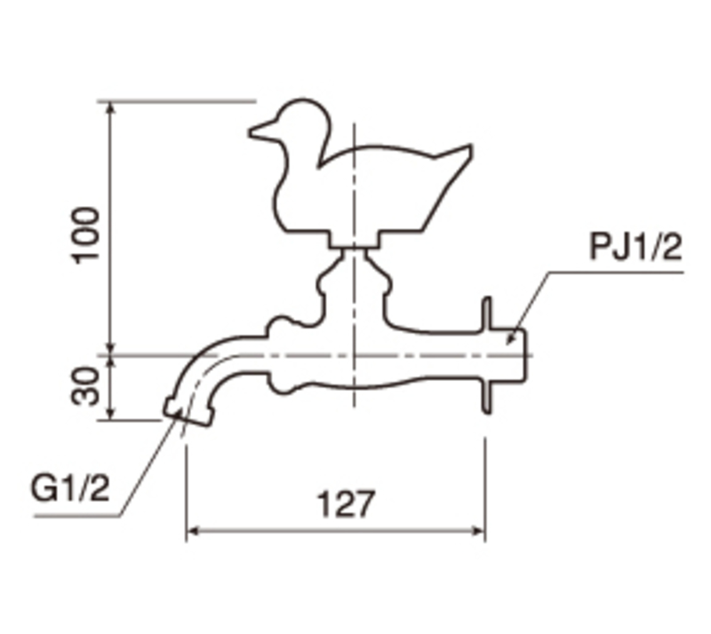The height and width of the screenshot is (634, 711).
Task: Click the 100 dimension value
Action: [84, 235]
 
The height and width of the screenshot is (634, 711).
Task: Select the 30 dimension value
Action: [84, 385]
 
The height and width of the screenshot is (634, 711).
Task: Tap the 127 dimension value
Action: [347, 504]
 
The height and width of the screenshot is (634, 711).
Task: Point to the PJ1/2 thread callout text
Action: [635, 247]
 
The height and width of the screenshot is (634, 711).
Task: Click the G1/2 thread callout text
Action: [70, 488]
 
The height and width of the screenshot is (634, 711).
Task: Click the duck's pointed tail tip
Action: [470, 147]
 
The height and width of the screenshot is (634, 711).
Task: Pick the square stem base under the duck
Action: [355, 240]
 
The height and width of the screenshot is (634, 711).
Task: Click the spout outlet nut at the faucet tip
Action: [188, 411]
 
